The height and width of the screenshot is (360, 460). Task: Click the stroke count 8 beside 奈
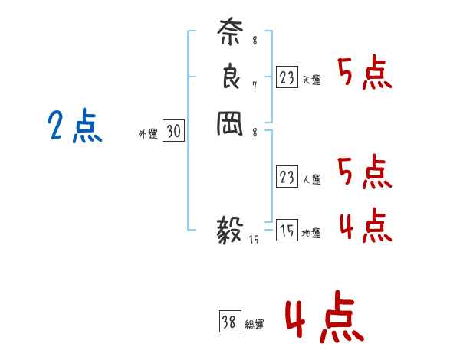[255, 40]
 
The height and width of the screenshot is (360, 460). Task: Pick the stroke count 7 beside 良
[255, 85]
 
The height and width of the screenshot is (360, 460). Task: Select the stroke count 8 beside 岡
[255, 132]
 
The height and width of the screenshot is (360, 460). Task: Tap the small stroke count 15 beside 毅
[255, 239]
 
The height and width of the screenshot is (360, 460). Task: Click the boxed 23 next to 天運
[287, 77]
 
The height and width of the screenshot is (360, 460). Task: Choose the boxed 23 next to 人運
[287, 178]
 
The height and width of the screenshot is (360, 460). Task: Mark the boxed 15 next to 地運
[287, 231]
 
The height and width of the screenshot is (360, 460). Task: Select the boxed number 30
[173, 132]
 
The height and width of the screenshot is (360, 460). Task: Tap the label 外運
[148, 134]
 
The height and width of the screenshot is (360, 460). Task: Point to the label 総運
[255, 325]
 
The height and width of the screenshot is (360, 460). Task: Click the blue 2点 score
[75, 126]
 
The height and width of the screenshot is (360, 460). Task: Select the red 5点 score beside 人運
[365, 172]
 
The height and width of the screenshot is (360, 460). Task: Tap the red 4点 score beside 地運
[365, 224]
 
